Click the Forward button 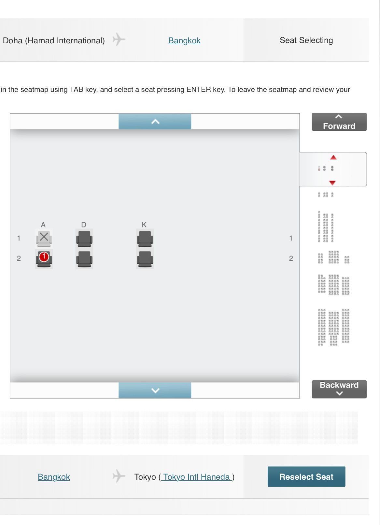339,122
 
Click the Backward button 339,389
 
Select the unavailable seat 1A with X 44,239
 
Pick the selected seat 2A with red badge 44,259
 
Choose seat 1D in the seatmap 84,239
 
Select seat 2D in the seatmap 84,259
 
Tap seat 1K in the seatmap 145,239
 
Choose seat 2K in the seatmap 145,259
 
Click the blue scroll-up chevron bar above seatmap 155,122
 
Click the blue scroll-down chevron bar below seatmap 155,390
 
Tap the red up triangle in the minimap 333,157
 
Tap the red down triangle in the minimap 332,182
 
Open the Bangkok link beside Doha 184,40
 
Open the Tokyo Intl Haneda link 196,477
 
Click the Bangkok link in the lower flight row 54,477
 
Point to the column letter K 144,225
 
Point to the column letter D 84,225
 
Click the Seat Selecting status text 306,40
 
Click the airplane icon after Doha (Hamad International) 119,39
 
